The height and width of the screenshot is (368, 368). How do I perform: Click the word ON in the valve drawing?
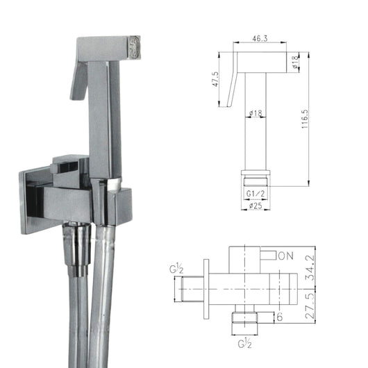[x=285, y=256]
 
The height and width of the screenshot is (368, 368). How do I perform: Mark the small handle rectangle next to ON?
[x=268, y=255]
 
